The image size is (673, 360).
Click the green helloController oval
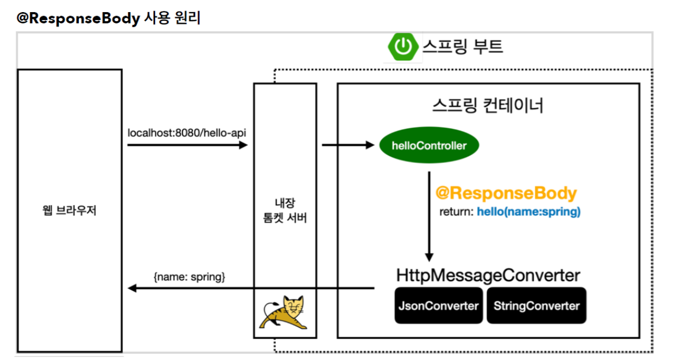(429, 146)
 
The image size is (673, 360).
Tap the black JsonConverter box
(438, 305)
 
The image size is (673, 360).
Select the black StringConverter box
(536, 305)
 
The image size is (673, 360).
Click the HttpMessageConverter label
(488, 276)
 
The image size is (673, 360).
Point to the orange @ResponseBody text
(506, 193)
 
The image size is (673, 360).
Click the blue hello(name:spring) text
(528, 212)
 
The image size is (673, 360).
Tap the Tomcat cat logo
(284, 312)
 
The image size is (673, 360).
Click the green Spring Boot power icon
(403, 46)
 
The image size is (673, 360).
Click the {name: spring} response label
(189, 276)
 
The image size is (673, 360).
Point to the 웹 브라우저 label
(70, 211)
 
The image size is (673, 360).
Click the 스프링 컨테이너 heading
(488, 106)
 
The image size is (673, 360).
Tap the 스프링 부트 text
(462, 46)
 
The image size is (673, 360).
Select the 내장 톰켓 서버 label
(285, 211)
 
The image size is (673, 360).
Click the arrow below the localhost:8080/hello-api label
(187, 145)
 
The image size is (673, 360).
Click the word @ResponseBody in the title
(78, 19)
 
